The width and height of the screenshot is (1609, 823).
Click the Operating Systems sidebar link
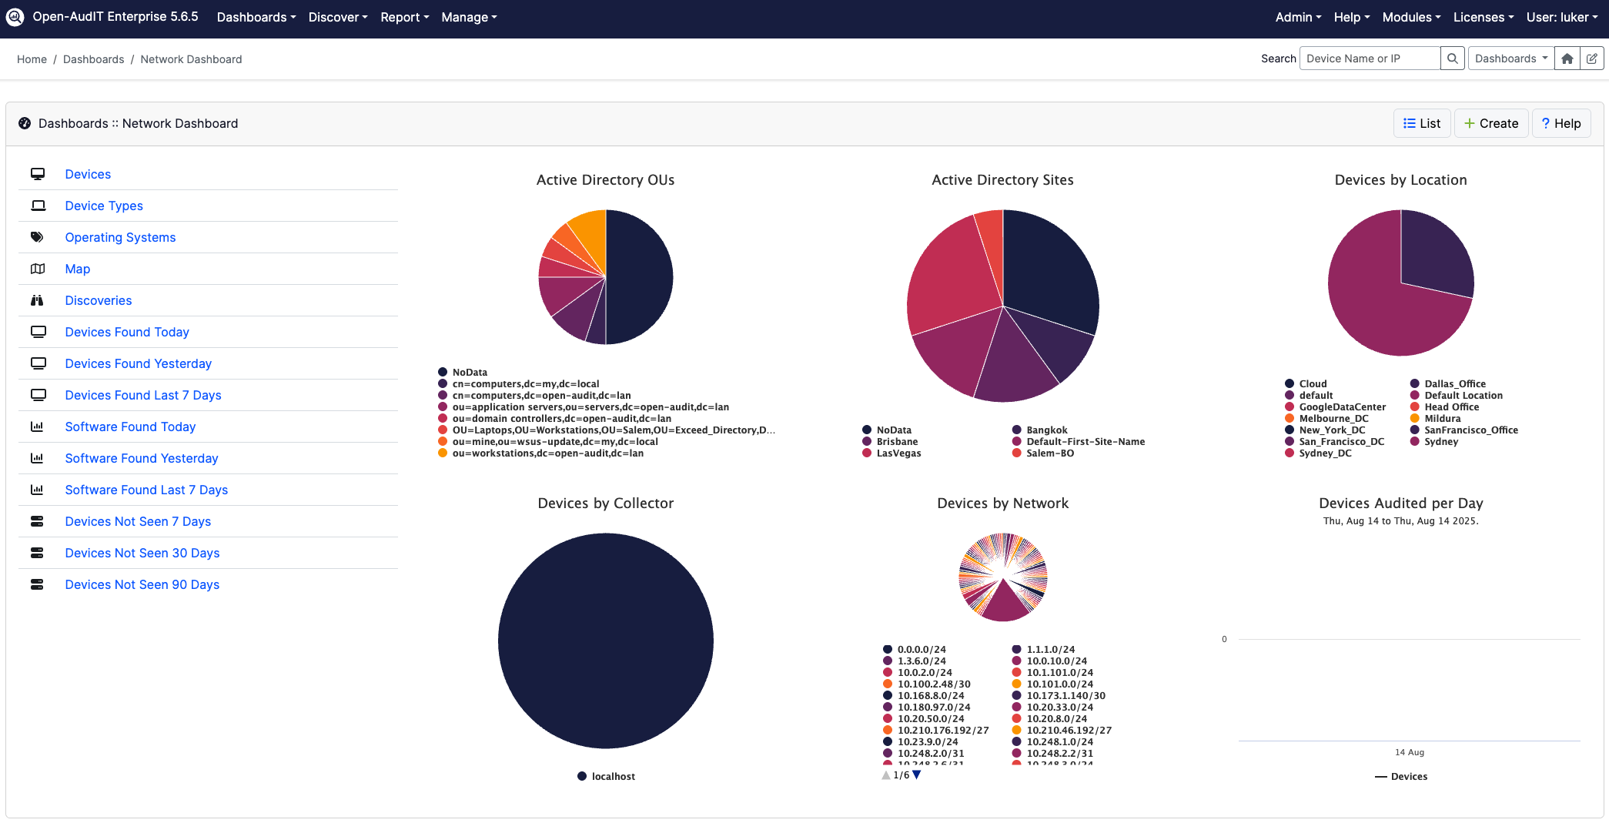(120, 237)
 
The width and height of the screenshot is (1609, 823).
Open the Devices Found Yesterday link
(138, 363)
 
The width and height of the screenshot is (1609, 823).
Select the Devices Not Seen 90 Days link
(142, 584)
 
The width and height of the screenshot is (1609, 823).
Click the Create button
(1490, 123)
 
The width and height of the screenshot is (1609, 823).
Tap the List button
(1421, 123)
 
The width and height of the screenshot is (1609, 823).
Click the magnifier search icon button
(1452, 59)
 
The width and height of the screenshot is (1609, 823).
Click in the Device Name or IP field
(1369, 59)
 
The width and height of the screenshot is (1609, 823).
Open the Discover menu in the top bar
(337, 17)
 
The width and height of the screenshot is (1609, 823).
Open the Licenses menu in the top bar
(1483, 17)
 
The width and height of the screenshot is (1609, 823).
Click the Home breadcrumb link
(32, 59)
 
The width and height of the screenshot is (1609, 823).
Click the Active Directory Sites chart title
(1002, 180)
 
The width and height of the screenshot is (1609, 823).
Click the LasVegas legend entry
(898, 453)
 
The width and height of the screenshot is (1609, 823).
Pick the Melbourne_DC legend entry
(1333, 419)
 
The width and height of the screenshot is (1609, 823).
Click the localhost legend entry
(613, 776)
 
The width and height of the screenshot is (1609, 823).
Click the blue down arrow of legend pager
(916, 775)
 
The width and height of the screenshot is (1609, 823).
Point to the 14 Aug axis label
(1409, 752)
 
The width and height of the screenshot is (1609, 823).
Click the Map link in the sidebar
(77, 269)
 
